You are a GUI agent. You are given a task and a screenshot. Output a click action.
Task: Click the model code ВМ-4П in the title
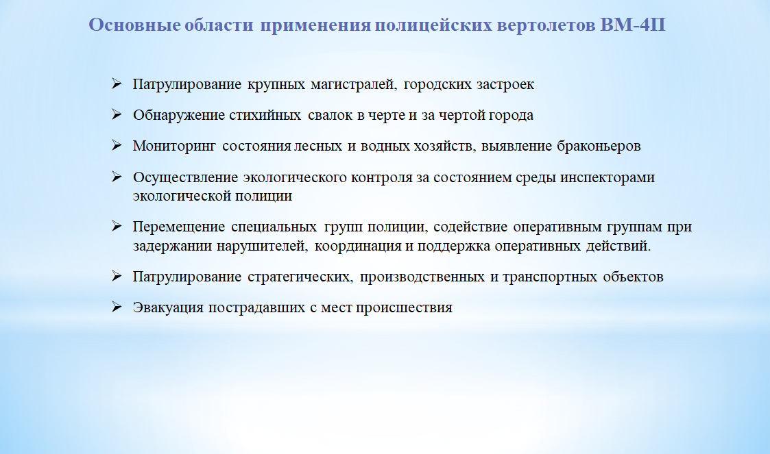point(632,25)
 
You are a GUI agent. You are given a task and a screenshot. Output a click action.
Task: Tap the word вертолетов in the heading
point(546,25)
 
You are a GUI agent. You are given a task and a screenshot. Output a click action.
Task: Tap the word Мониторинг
point(174,146)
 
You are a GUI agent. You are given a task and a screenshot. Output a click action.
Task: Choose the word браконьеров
point(599,146)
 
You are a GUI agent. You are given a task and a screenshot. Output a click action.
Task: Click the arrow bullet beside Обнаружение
point(117,114)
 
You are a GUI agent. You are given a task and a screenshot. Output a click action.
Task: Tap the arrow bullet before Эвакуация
point(117,307)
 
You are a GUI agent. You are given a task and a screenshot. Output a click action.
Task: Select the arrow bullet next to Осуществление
point(117,177)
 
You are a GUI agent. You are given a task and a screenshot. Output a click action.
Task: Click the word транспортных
point(550,277)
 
